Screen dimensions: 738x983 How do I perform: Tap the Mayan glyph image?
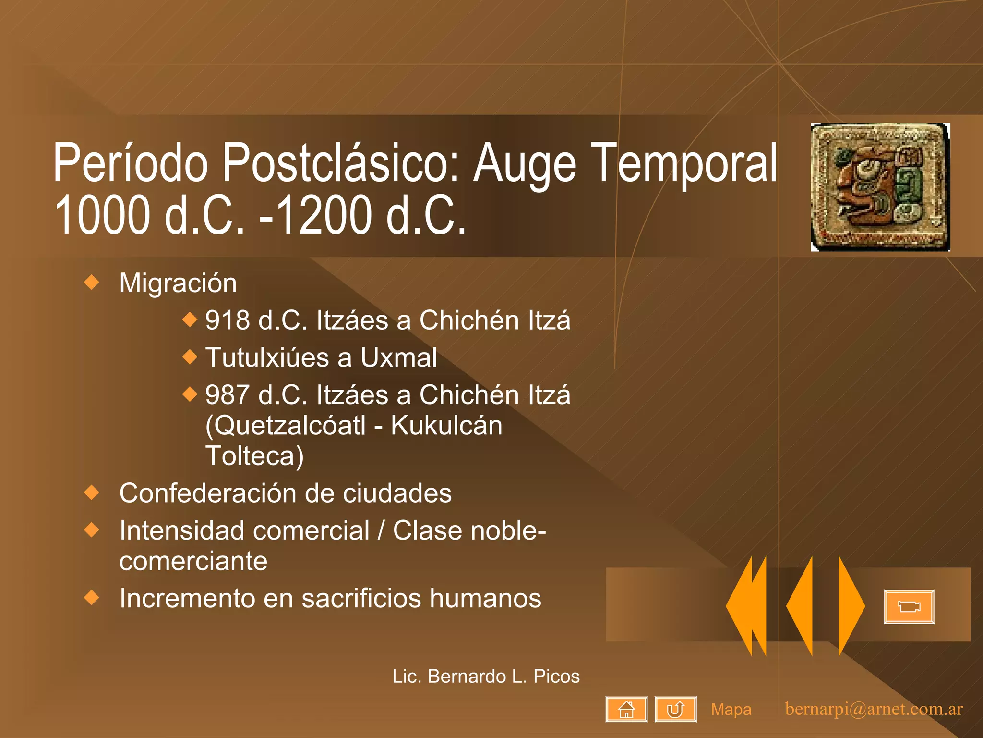[880, 187]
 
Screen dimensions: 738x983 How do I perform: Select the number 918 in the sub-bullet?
[227, 320]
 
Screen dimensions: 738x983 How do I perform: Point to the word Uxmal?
[398, 358]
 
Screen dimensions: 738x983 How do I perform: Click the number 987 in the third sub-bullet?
[227, 395]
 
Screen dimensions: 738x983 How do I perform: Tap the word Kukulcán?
[446, 426]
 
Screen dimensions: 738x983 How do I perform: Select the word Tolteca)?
[254, 456]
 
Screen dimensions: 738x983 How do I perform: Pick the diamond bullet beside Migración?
[91, 282]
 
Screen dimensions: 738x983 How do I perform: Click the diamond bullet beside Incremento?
[91, 598]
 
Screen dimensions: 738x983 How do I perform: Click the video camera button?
[909, 607]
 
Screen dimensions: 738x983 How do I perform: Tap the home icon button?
[626, 709]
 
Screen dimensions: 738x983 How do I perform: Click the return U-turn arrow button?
[675, 709]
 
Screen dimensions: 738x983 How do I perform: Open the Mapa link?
[731, 710]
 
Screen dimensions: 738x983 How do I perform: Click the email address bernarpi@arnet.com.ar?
[874, 709]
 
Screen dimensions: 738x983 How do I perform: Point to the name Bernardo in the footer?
[467, 676]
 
